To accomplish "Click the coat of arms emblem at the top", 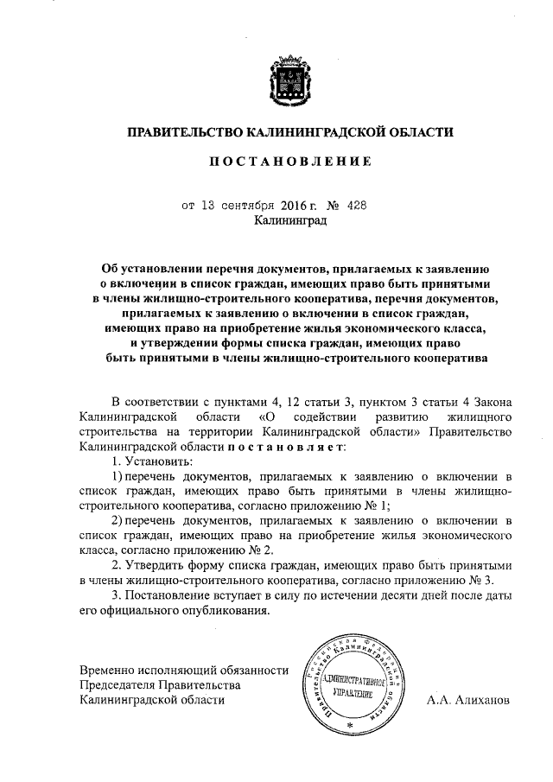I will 290,78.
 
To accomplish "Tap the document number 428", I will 357,206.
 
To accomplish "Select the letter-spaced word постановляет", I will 287,446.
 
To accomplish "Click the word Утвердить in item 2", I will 161,564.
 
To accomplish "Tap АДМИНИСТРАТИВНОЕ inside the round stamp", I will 347,679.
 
